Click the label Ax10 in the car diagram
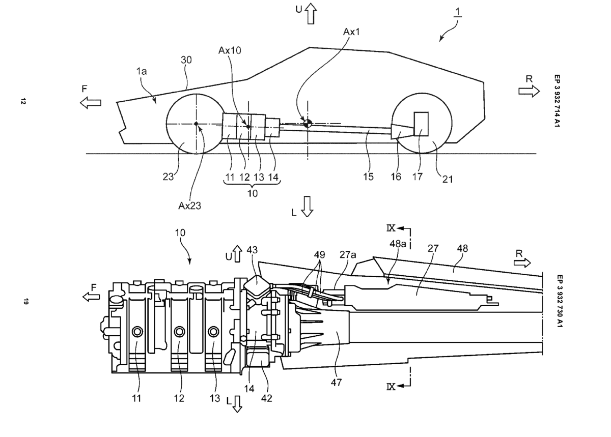coord(230,50)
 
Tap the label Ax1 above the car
coord(351,32)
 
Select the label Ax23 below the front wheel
coord(189,206)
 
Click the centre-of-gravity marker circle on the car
coord(308,124)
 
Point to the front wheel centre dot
coord(196,124)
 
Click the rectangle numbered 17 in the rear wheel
coord(421,124)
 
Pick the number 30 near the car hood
coord(186,60)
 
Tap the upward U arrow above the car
coord(311,13)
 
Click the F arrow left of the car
coord(91,103)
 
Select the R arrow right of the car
coord(529,91)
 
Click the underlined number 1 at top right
coord(458,12)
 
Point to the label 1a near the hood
coord(142,71)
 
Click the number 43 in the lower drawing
coord(252,250)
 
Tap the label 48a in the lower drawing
coord(398,244)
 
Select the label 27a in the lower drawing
coord(348,255)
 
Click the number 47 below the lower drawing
coord(336,383)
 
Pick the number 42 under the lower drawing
coord(266,398)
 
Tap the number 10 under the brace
coord(253,193)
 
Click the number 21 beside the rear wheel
coord(448,180)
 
